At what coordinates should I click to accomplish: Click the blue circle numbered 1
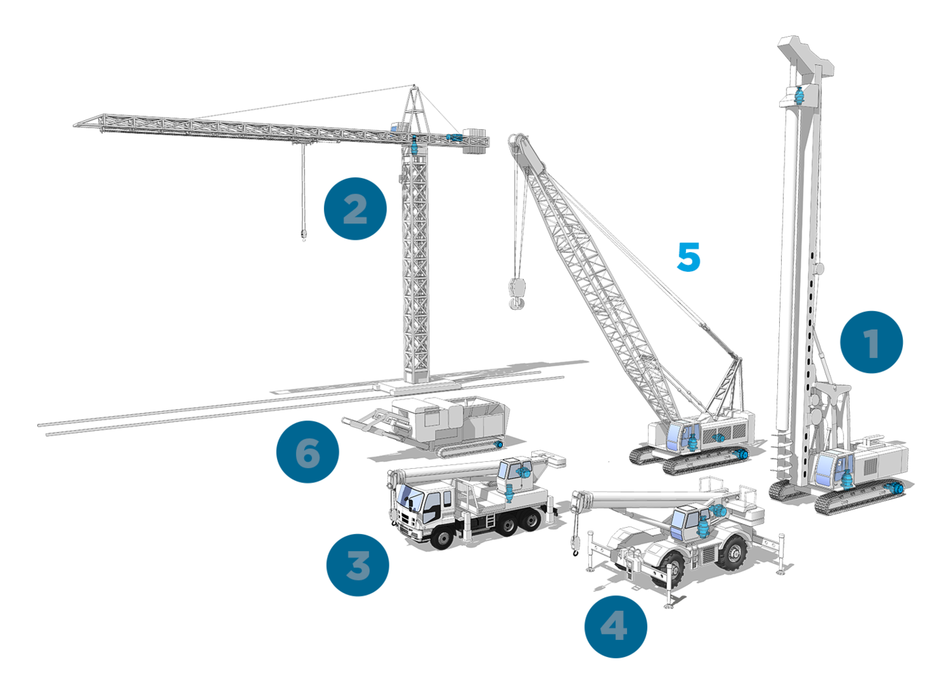click(x=871, y=342)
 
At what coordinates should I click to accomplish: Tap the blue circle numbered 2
click(x=355, y=209)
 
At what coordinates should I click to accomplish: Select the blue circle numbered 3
click(x=357, y=565)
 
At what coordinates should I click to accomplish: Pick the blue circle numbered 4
click(x=615, y=626)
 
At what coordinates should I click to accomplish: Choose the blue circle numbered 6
click(x=307, y=452)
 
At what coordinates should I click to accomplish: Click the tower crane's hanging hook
click(x=303, y=235)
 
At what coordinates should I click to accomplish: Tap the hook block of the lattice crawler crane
click(x=516, y=293)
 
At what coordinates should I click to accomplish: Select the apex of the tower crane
click(x=414, y=86)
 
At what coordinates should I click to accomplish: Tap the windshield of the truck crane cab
click(x=409, y=497)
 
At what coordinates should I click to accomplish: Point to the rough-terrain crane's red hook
click(x=575, y=553)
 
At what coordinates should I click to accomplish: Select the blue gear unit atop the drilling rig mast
click(x=799, y=96)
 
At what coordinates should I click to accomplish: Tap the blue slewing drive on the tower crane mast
click(x=414, y=145)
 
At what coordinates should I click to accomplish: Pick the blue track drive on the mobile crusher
click(x=499, y=444)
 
